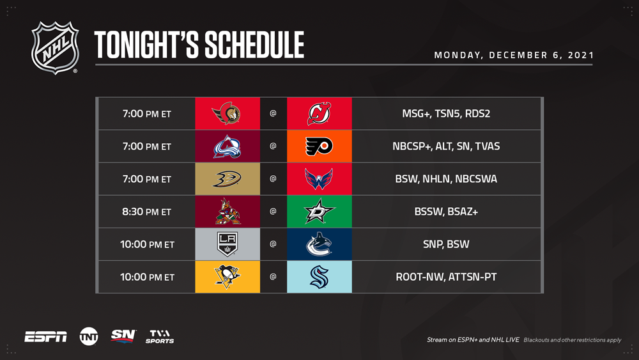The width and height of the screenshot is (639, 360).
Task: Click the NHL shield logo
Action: click(x=55, y=48)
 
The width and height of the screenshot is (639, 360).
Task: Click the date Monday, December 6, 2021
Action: click(x=514, y=55)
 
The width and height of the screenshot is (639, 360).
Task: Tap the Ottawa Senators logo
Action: click(x=226, y=113)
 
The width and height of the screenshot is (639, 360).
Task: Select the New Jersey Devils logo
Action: click(x=319, y=113)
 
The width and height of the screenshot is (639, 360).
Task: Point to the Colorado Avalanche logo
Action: click(x=227, y=146)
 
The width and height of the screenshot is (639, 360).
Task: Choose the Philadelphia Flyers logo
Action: click(x=319, y=146)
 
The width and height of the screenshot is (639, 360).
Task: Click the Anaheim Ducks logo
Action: click(x=227, y=179)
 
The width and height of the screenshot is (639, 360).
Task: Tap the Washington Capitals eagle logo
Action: click(x=319, y=179)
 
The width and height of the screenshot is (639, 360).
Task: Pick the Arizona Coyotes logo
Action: click(x=227, y=212)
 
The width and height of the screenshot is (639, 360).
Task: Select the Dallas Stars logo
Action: click(x=319, y=211)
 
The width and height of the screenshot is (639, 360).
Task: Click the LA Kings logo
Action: click(x=227, y=244)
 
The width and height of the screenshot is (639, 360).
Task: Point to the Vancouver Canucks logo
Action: click(x=319, y=244)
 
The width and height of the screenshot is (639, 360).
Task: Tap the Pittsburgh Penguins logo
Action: click(x=227, y=276)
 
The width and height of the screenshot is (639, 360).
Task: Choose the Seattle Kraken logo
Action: click(x=319, y=277)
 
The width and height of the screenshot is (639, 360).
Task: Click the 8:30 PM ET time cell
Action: click(x=147, y=212)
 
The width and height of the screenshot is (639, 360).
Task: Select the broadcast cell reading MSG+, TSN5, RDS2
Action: click(x=446, y=113)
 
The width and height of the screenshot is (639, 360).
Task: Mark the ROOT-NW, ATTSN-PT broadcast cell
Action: click(x=446, y=277)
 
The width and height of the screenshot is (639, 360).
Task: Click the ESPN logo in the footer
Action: click(x=45, y=337)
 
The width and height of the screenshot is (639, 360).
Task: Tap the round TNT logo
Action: click(x=89, y=336)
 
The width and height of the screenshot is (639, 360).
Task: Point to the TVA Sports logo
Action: click(x=160, y=336)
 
